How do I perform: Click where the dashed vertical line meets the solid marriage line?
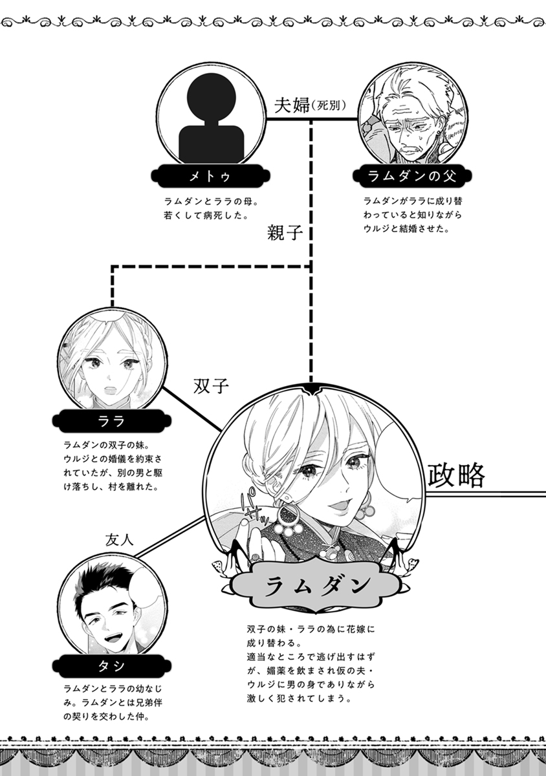click(311, 120)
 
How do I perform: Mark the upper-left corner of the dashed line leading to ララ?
click(113, 266)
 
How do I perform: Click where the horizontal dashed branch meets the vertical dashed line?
click(311, 266)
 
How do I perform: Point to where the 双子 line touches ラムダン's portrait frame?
click(221, 431)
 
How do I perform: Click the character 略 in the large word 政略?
click(470, 476)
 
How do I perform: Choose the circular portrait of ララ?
click(113, 361)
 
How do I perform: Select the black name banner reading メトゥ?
click(211, 177)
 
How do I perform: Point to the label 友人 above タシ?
click(120, 541)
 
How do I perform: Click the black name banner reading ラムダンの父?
click(412, 177)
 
